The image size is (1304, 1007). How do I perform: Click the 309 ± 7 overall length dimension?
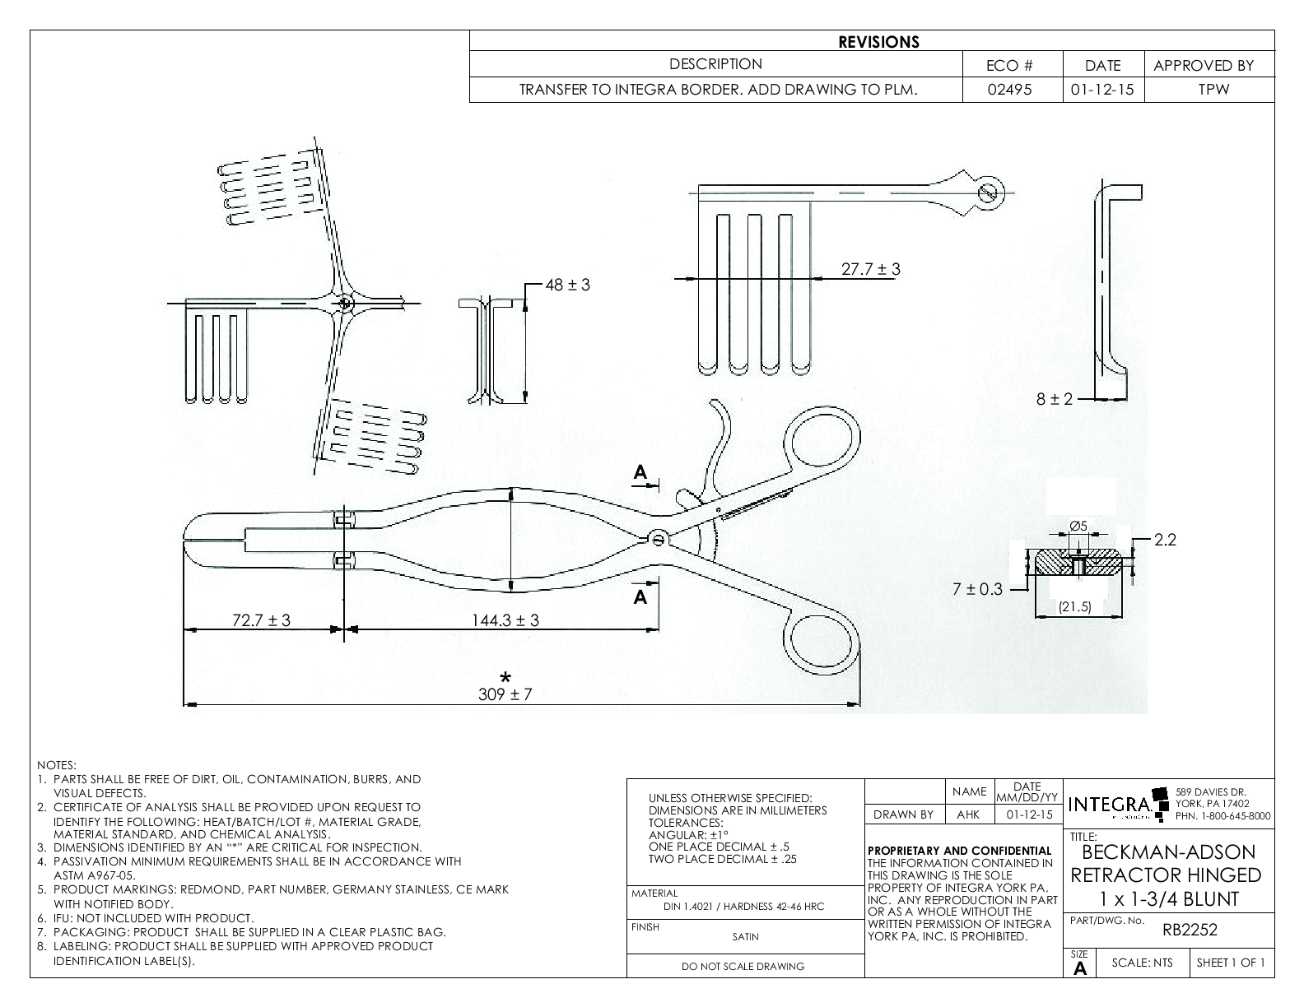tap(505, 694)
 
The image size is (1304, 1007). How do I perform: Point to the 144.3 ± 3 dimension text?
tap(505, 620)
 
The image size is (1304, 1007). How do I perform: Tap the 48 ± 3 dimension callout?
tap(567, 285)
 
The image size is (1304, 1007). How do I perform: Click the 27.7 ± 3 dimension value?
tap(870, 269)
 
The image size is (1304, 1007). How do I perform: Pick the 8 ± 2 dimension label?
tap(1055, 399)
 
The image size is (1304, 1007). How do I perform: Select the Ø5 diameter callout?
tap(1078, 526)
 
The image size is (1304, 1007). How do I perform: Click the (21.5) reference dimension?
tap(1074, 607)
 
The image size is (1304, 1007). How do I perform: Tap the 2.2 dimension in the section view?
tap(1165, 540)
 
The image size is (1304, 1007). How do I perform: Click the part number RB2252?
tap(1190, 930)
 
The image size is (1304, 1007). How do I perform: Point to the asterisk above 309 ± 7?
tap(505, 677)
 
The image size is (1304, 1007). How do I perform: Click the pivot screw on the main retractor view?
tap(657, 539)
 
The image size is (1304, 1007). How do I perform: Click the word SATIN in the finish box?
tap(745, 936)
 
